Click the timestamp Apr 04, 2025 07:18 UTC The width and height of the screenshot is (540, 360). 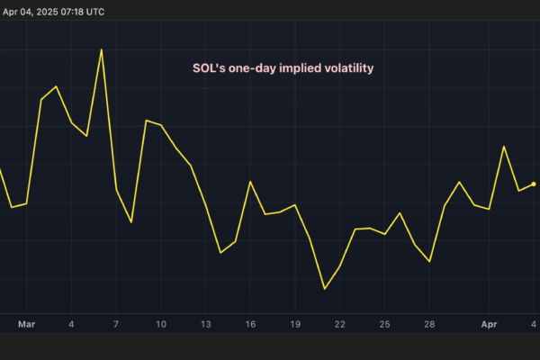53,11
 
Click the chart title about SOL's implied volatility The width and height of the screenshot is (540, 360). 283,68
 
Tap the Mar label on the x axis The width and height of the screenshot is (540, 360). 27,323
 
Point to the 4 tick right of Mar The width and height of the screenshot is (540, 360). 71,323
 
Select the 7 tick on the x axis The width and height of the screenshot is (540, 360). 116,323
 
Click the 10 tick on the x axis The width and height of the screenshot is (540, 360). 161,323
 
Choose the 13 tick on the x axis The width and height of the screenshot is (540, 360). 205,323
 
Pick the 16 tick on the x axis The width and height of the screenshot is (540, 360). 250,323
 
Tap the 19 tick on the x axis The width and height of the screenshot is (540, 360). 295,323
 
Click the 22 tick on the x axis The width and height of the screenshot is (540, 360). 339,323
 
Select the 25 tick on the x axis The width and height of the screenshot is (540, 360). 384,323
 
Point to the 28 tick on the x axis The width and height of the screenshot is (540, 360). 429,323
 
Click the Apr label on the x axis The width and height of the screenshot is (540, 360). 489,323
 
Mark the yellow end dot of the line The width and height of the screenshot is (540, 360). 534,184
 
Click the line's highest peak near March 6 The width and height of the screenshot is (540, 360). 101,49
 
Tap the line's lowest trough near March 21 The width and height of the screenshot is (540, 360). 325,289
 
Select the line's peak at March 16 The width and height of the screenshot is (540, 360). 250,182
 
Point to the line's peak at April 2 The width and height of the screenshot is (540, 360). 504,146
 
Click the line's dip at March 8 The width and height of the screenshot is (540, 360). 131,222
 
